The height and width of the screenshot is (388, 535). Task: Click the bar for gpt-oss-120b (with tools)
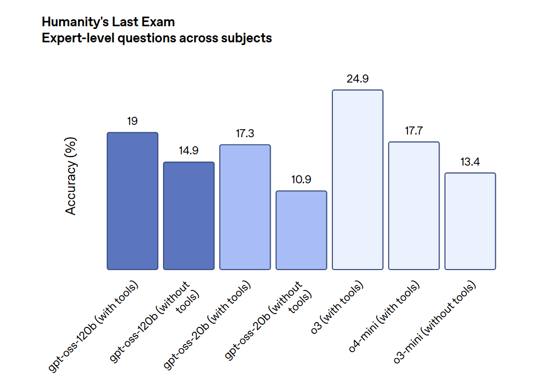click(x=132, y=201)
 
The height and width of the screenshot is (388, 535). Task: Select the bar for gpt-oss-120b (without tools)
click(x=189, y=216)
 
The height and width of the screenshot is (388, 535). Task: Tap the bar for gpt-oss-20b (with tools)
click(x=245, y=207)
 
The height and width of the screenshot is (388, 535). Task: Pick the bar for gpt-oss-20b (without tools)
click(x=301, y=230)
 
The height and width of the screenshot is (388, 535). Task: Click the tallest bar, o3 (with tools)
click(x=358, y=180)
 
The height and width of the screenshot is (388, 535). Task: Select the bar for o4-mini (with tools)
click(x=414, y=206)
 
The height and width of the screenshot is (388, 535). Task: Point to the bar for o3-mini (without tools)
click(x=470, y=221)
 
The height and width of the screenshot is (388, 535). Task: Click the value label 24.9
click(x=358, y=79)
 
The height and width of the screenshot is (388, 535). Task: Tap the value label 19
click(x=132, y=122)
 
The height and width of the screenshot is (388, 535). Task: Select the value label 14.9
click(x=189, y=151)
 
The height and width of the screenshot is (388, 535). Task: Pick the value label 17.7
click(x=414, y=131)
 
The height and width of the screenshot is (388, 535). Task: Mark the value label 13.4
click(x=470, y=162)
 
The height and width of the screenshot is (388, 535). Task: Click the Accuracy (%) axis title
click(x=71, y=176)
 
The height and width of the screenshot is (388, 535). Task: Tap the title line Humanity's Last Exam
click(x=108, y=23)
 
